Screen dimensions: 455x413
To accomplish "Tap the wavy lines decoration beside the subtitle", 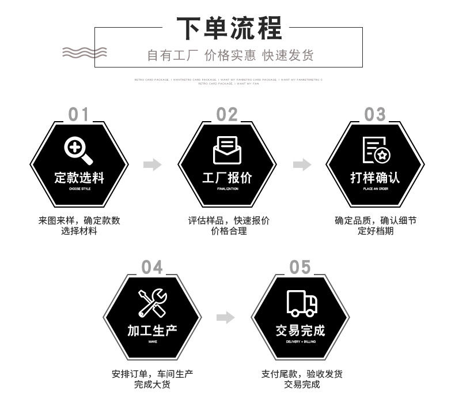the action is click(x=85, y=51).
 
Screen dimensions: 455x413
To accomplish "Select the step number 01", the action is click(x=79, y=115).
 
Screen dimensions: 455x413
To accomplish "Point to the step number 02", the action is click(x=227, y=115).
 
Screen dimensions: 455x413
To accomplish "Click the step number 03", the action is click(x=375, y=115).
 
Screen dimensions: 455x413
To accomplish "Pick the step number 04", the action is click(x=153, y=268).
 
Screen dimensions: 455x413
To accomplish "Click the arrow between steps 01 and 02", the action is click(x=153, y=165).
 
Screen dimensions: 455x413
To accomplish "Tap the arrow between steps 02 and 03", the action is click(x=302, y=165).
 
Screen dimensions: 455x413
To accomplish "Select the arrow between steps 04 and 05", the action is click(x=226, y=317).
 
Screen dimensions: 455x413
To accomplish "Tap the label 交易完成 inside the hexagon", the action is click(x=301, y=331).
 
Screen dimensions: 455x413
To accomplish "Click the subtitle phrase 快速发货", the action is click(x=288, y=55).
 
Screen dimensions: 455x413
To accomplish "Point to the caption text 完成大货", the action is click(x=152, y=384).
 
